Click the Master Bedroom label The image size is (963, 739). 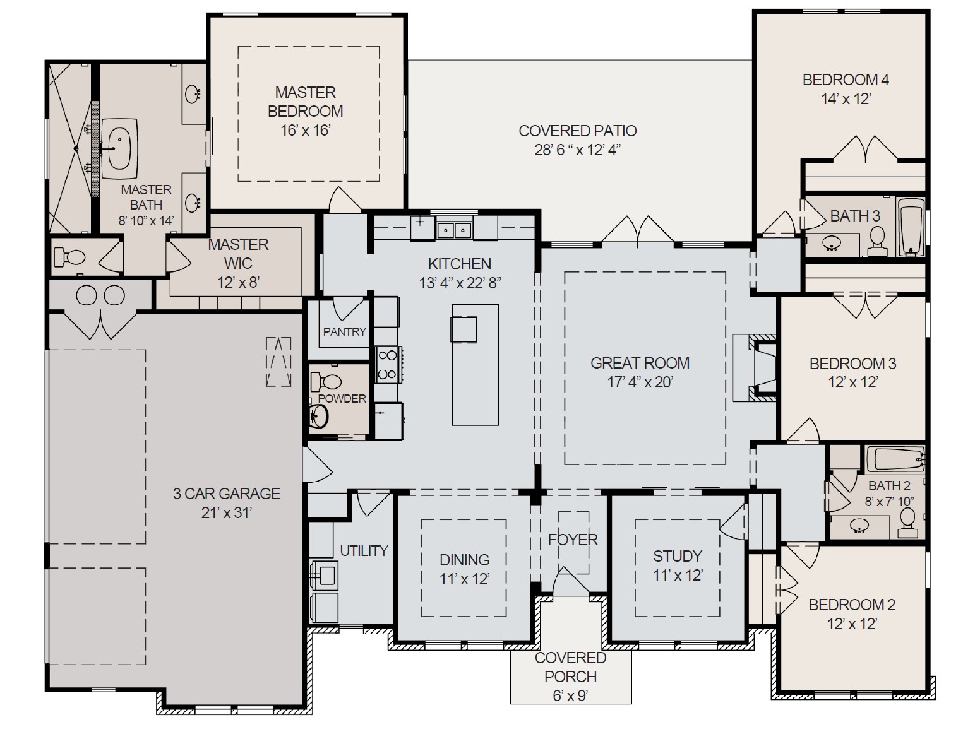click(306, 102)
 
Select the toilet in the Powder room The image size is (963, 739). click(326, 381)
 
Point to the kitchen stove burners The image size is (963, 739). click(386, 365)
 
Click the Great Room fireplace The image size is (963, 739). click(754, 368)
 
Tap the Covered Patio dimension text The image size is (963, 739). click(577, 150)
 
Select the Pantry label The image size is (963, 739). click(345, 332)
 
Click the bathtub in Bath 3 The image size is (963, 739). click(911, 227)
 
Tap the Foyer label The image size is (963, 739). click(573, 540)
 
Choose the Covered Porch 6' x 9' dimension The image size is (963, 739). click(570, 695)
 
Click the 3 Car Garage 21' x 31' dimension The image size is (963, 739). click(227, 512)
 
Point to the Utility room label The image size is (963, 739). click(364, 550)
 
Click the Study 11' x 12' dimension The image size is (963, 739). click(678, 575)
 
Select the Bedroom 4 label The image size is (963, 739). click(846, 80)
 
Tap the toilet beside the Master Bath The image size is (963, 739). click(69, 256)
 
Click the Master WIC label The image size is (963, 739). click(238, 254)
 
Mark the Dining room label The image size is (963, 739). click(464, 560)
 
